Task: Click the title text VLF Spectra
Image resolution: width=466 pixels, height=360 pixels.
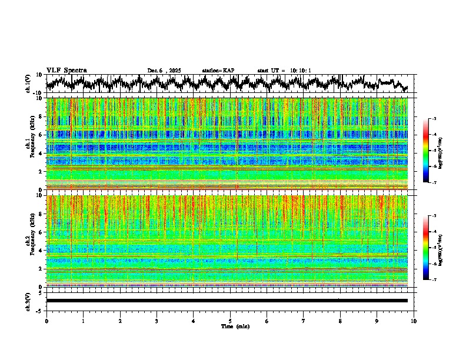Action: click(66, 70)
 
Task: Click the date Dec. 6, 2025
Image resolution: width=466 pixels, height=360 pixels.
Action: click(165, 71)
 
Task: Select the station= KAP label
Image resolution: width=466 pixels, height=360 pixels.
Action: click(218, 71)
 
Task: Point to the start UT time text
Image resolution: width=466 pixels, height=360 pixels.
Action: click(284, 71)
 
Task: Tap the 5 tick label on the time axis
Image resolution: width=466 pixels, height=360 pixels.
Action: click(230, 321)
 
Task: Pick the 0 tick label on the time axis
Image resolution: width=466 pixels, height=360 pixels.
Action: click(46, 321)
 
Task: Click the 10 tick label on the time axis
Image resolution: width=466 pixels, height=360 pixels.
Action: click(414, 321)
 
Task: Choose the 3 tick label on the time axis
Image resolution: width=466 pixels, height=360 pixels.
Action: click(157, 321)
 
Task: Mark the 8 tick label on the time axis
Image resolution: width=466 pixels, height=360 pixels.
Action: click(340, 321)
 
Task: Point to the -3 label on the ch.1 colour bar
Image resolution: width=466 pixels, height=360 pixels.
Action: click(434, 119)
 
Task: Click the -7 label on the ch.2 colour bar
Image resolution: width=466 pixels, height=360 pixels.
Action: click(434, 280)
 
